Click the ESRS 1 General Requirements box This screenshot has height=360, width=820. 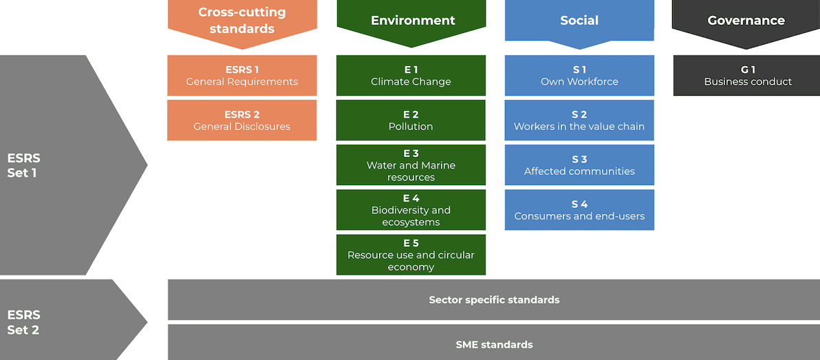242,76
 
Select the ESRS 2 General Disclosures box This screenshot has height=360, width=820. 242,120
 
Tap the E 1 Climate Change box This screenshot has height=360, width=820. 411,76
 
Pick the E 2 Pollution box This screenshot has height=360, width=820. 411,120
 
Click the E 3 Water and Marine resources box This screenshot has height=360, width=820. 411,165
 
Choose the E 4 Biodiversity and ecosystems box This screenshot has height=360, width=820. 411,210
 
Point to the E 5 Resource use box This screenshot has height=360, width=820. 411,255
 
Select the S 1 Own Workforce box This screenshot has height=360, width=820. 579,76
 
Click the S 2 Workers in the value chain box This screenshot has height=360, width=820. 579,120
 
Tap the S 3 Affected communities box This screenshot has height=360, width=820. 579,165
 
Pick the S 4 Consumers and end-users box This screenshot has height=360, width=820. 579,210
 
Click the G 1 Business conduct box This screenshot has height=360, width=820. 746,76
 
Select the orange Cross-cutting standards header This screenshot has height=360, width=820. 242,21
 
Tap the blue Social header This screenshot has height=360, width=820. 579,21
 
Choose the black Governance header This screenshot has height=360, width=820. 746,21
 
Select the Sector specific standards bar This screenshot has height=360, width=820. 494,300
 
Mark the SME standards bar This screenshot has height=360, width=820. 494,344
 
